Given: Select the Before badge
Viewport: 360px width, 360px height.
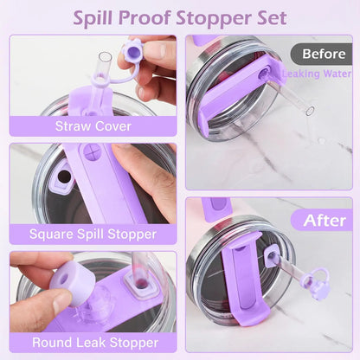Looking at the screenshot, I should (x=324, y=54).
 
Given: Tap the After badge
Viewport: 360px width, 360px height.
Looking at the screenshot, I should (x=323, y=220).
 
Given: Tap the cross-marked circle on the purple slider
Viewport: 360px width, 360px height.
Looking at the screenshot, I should (x=93, y=151).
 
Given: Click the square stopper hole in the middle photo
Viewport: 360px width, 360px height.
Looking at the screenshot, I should (x=62, y=177).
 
